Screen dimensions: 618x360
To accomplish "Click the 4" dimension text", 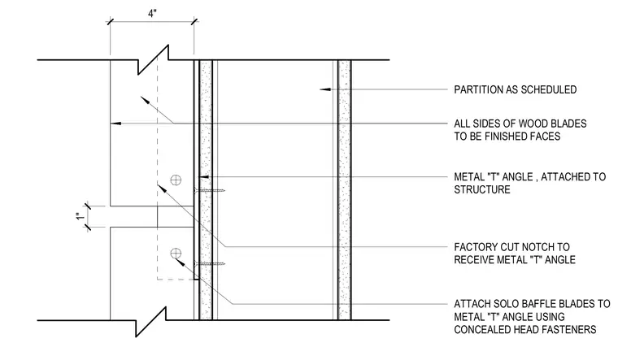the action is [x=152, y=13].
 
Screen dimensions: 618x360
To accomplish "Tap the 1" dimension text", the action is [x=80, y=217].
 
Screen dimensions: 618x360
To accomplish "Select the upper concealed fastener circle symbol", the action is [x=176, y=180].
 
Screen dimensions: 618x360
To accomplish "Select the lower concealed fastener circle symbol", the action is [x=176, y=254].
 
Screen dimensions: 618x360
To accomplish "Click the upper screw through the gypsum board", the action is [x=210, y=191].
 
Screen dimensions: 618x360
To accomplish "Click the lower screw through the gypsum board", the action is [x=210, y=263].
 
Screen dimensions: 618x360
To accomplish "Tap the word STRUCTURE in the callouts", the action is [x=482, y=189].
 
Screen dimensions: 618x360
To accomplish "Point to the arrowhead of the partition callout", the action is [x=324, y=90].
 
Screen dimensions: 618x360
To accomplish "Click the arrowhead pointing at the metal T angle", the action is [x=204, y=177].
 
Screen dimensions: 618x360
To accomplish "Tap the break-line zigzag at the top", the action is [x=154, y=59].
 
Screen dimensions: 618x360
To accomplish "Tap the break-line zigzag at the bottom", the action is [x=151, y=322].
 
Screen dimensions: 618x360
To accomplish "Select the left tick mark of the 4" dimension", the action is [x=110, y=21].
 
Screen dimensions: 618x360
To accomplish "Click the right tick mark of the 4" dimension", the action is [x=194, y=21].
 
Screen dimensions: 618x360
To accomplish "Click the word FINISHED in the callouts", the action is [x=520, y=137].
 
